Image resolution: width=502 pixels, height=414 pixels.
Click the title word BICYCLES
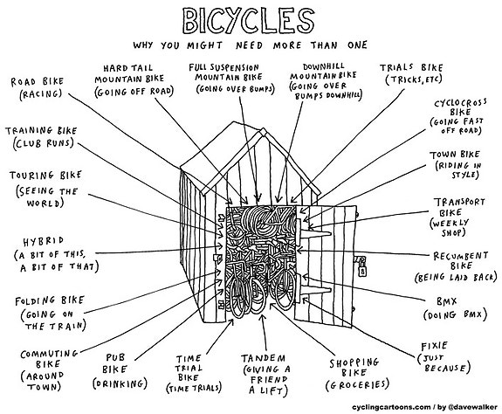[249, 21]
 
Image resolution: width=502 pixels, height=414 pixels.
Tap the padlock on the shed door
[362, 268]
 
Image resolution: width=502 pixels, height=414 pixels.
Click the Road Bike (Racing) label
[37, 87]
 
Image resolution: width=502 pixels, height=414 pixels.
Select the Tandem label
[266, 375]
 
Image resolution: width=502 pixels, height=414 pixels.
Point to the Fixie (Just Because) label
[444, 357]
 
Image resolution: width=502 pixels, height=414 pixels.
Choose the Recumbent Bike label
[456, 266]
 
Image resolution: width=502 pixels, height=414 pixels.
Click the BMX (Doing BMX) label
[455, 308]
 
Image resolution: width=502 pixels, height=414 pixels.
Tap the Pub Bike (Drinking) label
[120, 371]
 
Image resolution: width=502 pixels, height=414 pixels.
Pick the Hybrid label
[56, 254]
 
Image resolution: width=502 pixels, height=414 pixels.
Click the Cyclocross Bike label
[457, 116]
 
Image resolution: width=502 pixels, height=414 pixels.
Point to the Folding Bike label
[52, 314]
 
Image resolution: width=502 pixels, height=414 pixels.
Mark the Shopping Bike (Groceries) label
[357, 375]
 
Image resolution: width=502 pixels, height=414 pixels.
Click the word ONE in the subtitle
[357, 45]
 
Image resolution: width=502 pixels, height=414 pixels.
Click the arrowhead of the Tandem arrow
[263, 318]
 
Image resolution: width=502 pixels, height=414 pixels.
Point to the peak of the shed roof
[263, 131]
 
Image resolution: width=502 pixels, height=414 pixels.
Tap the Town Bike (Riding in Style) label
[455, 164]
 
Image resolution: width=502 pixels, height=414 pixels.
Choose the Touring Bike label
[45, 189]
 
